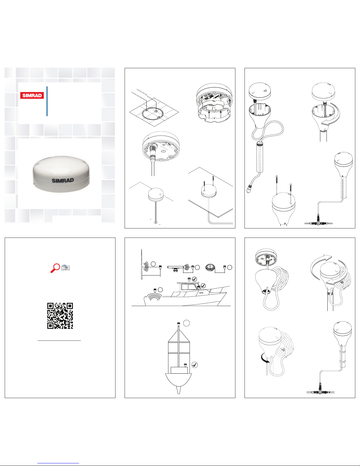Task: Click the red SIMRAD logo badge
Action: (x=32, y=96)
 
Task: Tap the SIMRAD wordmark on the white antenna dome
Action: (x=63, y=180)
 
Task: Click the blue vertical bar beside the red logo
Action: (x=47, y=101)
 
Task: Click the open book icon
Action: (x=66, y=268)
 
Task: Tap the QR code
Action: (x=60, y=316)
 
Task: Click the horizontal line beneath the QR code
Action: (x=59, y=340)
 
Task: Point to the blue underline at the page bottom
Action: (x=58, y=463)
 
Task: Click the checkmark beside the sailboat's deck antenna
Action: (x=195, y=365)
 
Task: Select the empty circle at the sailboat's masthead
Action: (x=186, y=323)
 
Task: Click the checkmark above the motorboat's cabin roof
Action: (x=194, y=279)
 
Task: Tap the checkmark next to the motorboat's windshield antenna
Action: (x=203, y=286)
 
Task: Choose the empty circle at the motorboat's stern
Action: (x=160, y=290)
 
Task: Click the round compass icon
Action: (x=210, y=267)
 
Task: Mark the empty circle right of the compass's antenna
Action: (x=230, y=267)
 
